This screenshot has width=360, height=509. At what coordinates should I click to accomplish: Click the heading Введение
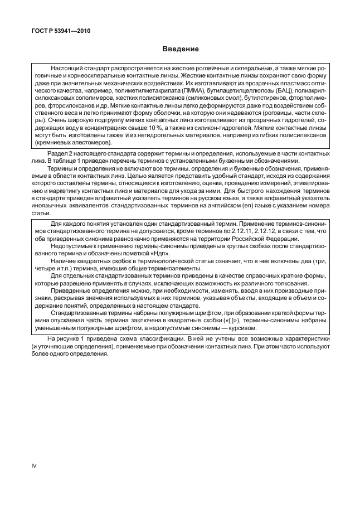180,49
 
